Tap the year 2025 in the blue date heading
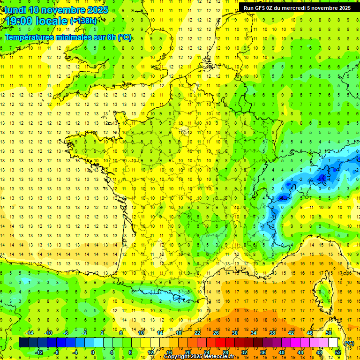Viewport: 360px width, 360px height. click(96, 9)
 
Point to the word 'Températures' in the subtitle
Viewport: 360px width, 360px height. click(30, 37)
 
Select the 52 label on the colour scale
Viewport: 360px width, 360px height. click(337, 352)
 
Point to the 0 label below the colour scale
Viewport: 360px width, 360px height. click(92, 352)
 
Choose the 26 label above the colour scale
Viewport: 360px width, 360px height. click(216, 333)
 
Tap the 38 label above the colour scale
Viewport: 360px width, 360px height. click(272, 333)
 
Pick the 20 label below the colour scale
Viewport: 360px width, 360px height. click(187, 352)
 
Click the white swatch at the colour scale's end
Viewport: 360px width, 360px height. click(333, 343)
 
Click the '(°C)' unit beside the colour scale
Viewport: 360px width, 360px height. click(349, 343)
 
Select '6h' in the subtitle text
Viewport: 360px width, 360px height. click(112, 37)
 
